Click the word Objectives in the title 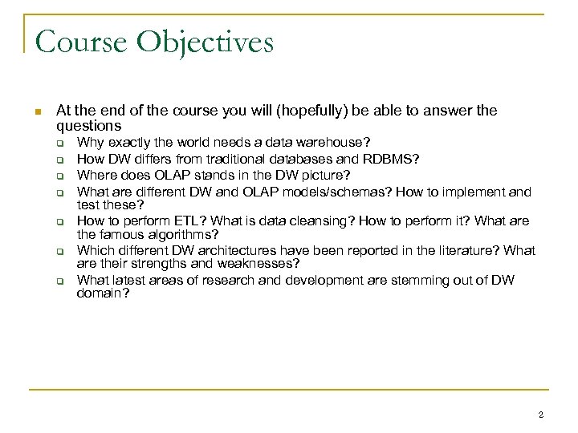208,42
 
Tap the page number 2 541,415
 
